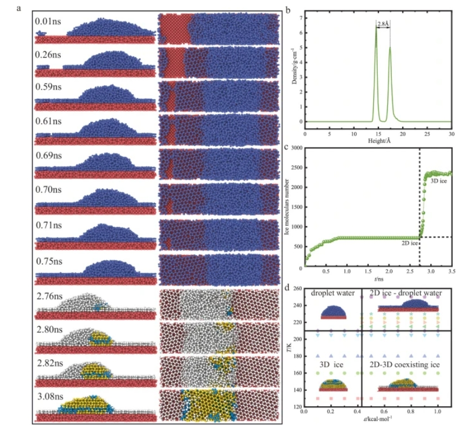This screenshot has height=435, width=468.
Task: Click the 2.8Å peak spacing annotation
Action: coord(383,23)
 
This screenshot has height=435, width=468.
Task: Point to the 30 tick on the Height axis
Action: coord(452,134)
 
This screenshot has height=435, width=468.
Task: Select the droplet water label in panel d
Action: coord(332,294)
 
